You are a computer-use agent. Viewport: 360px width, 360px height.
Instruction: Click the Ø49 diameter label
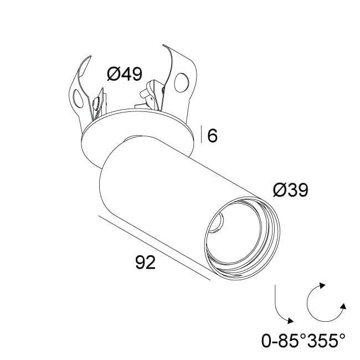(x=125, y=74)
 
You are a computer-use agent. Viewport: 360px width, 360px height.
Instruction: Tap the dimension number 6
(x=212, y=135)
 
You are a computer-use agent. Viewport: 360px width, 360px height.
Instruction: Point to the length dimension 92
(x=145, y=262)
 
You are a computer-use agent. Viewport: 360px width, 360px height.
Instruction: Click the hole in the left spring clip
(x=78, y=100)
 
